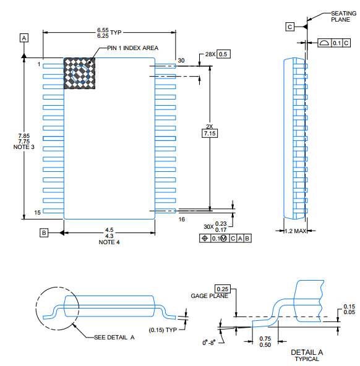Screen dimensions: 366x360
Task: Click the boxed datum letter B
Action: point(43,233)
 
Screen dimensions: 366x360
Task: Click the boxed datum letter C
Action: point(289,26)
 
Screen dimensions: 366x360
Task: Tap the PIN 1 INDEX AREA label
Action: point(132,48)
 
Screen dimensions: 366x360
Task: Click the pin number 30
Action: point(181,61)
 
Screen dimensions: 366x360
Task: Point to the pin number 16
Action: point(181,219)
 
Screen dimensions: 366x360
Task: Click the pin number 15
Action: point(38,212)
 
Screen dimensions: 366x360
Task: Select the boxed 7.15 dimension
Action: point(210,133)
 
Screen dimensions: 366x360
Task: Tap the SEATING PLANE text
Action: point(343,16)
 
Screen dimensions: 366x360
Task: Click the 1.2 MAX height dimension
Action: point(295,231)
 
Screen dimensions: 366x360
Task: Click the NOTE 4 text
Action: point(109,242)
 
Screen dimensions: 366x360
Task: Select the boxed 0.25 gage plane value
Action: point(222,289)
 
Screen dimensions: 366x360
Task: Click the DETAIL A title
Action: point(307,352)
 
